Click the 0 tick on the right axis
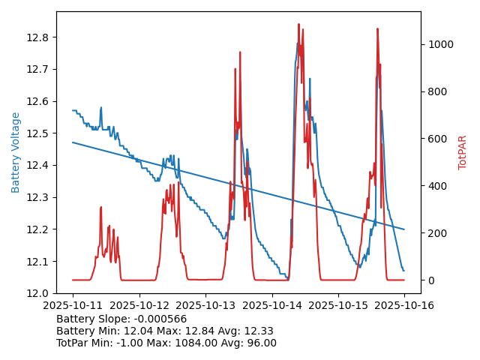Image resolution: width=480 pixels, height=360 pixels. pos(430,280)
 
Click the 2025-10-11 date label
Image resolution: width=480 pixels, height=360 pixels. pos(73,305)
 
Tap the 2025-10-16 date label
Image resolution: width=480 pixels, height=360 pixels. pos(404,305)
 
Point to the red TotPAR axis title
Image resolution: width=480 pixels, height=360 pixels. pos(463,152)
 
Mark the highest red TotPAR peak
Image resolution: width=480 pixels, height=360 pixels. pos(298,24)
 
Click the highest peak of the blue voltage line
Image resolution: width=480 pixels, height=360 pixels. pos(298,43)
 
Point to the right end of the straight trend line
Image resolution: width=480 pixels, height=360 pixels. pos(404,229)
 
